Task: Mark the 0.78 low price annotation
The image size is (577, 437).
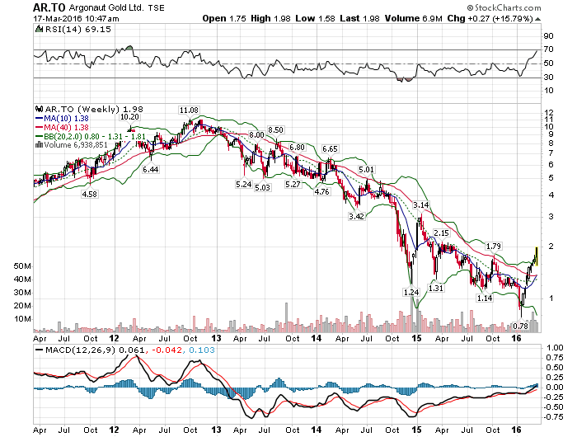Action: pos(520,327)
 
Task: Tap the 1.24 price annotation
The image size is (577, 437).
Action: pos(410,293)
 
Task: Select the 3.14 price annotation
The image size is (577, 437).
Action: pos(422,204)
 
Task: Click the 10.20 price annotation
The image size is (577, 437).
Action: pos(130,116)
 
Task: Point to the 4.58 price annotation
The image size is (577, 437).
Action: pos(89,194)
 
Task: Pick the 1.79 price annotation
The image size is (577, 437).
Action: pos(494,246)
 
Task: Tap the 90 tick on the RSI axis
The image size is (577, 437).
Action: pos(547,35)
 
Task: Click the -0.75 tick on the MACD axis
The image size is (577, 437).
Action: pos(551,416)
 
